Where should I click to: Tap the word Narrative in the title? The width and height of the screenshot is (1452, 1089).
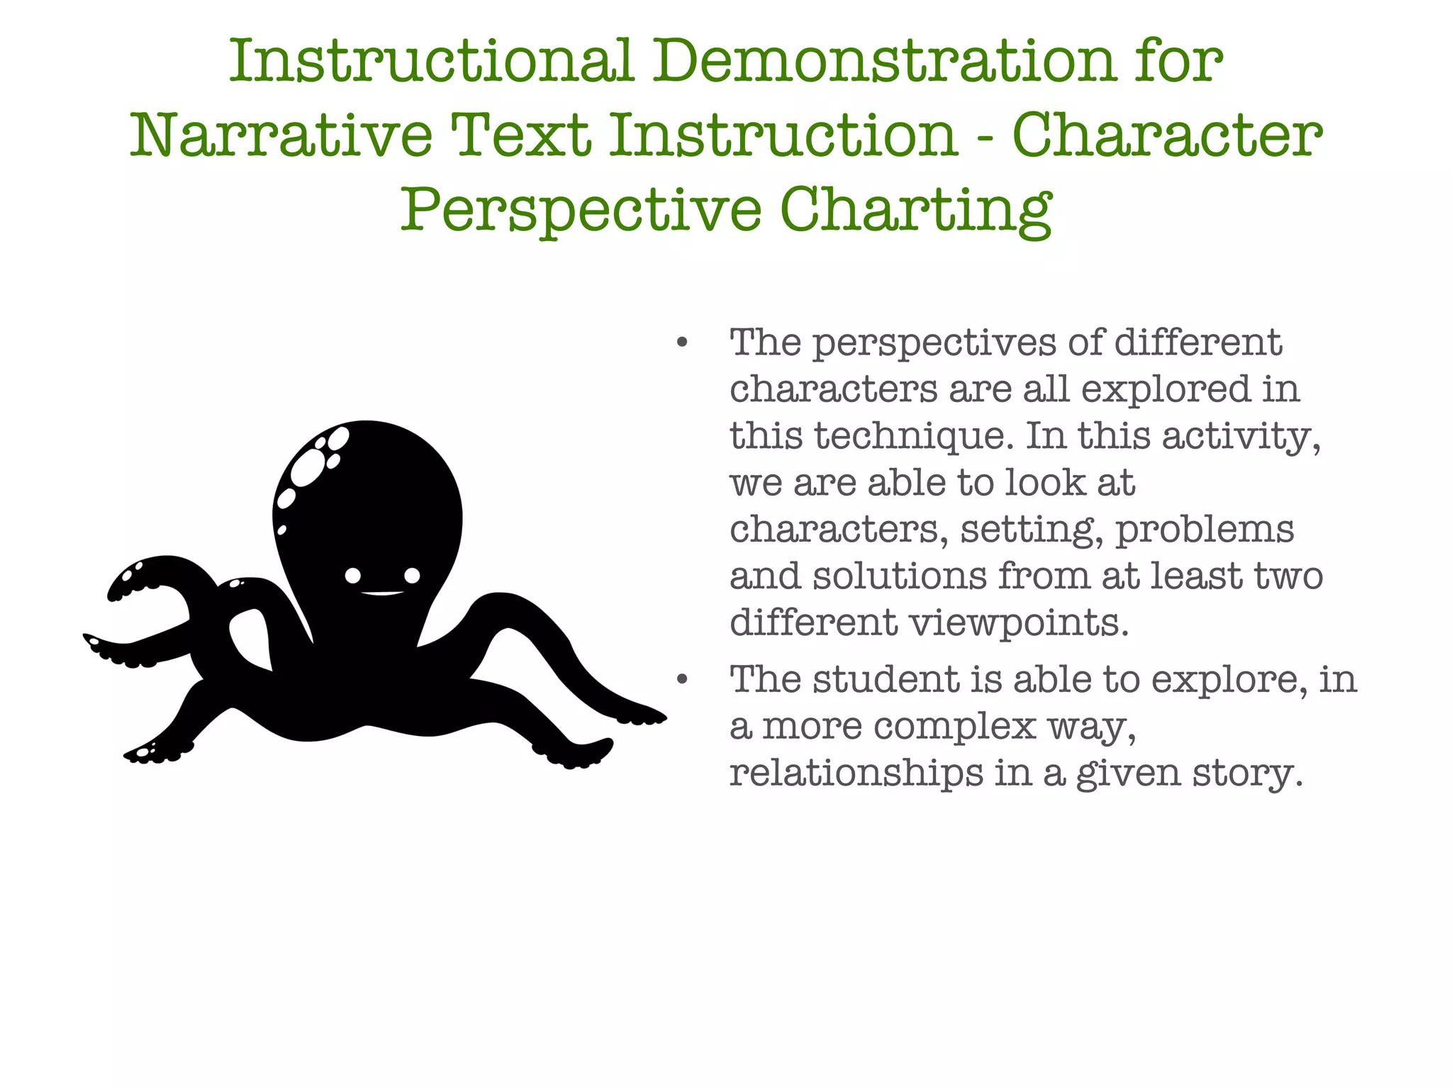(x=281, y=135)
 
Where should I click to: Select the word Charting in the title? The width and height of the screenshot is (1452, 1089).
(x=915, y=211)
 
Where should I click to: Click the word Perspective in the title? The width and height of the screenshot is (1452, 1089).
(x=581, y=211)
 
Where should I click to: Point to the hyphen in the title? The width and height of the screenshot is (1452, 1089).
(x=984, y=136)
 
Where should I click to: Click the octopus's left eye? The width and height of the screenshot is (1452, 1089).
(x=353, y=576)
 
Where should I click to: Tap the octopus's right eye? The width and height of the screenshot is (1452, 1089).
(x=412, y=575)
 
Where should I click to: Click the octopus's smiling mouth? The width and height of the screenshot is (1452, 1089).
(x=383, y=593)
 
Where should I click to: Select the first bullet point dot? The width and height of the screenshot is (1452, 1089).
(x=682, y=343)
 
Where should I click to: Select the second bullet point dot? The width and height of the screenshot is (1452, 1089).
(x=682, y=680)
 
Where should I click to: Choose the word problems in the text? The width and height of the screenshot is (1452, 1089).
(x=1205, y=530)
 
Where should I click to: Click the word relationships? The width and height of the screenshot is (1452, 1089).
(x=856, y=773)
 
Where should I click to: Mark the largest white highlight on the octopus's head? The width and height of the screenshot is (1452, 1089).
(x=306, y=468)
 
